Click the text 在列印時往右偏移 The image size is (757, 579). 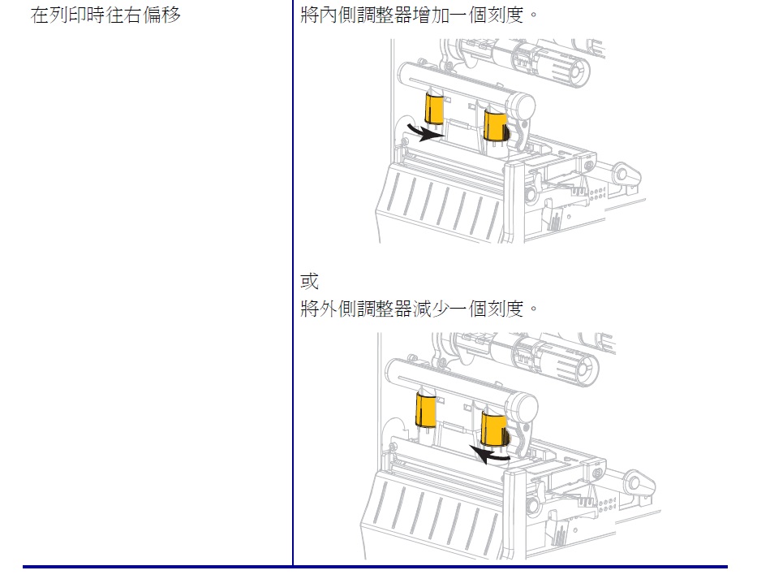(105, 15)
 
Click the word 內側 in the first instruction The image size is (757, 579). (338, 15)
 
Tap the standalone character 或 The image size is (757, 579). (309, 281)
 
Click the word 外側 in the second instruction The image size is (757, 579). (338, 308)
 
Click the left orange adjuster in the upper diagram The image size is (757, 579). (434, 108)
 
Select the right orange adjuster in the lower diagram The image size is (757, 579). (495, 428)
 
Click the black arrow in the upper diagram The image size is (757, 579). (425, 132)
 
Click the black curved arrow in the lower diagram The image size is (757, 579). (489, 455)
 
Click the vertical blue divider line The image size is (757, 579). (293, 283)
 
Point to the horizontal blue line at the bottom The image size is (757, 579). (375, 567)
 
